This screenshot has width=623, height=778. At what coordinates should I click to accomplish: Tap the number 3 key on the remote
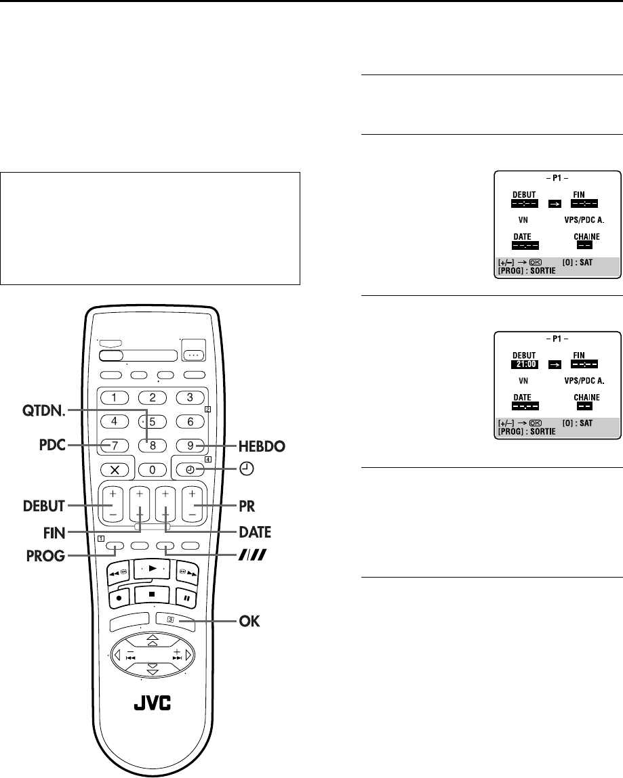[190, 397]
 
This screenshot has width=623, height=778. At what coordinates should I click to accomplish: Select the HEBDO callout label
[243, 446]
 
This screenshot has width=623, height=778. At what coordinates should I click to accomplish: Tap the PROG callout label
[47, 555]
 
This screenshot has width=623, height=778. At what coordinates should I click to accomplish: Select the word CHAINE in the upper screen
[584, 237]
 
